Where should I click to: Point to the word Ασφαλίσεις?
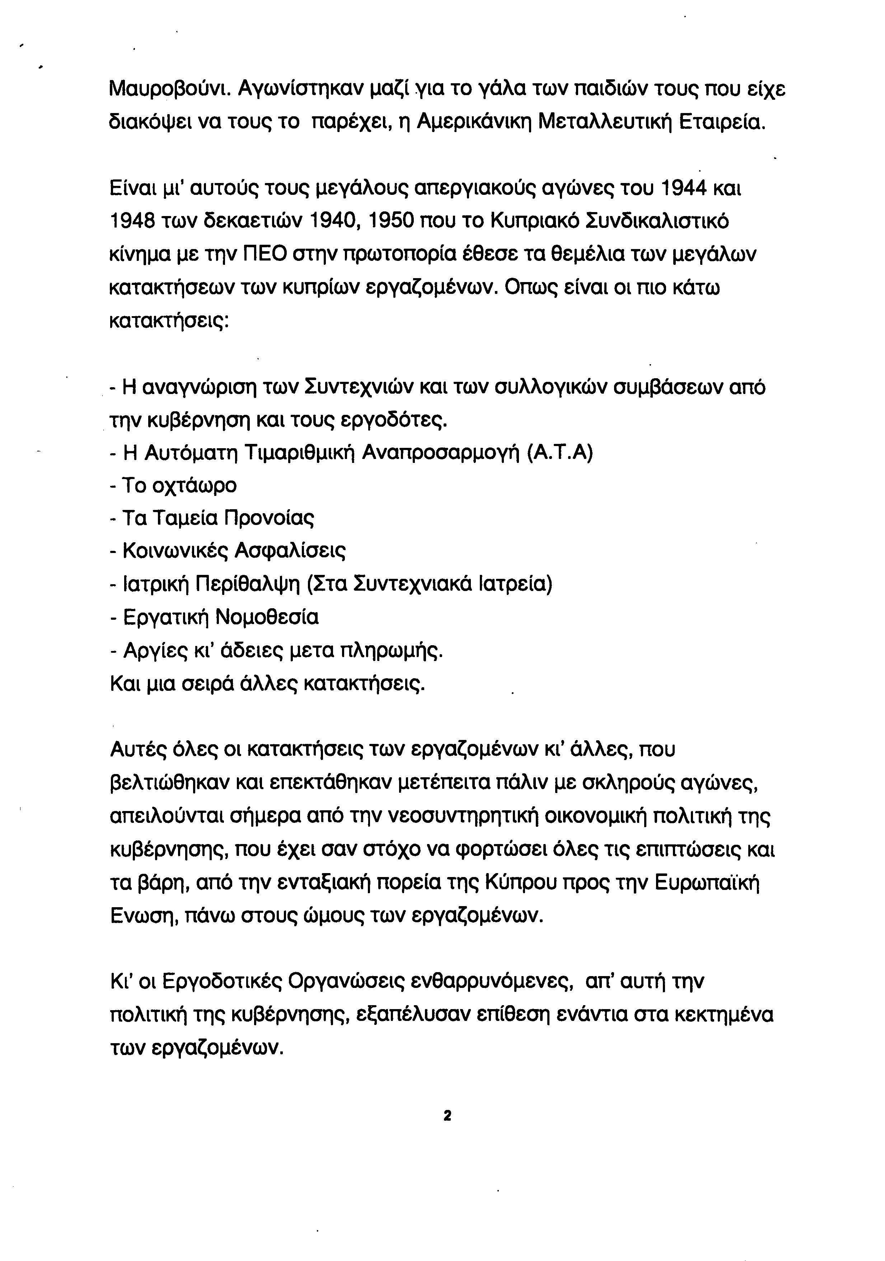point(290,551)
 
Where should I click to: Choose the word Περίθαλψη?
point(248,584)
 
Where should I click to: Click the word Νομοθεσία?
point(267,617)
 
